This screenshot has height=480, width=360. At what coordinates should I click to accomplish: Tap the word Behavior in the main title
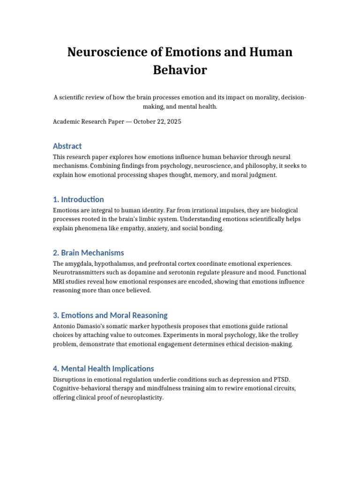tap(180, 70)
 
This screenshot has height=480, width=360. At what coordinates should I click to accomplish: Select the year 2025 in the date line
tap(172, 121)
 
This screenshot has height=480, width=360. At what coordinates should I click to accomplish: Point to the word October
tap(147, 121)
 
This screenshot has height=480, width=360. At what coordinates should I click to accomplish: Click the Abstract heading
tap(67, 146)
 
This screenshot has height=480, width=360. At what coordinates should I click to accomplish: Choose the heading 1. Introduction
tap(79, 199)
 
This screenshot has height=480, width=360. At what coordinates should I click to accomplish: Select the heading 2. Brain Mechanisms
tap(89, 253)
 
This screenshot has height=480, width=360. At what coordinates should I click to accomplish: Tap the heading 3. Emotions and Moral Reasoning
tap(110, 315)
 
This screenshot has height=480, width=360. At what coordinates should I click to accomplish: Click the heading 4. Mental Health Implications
tap(104, 368)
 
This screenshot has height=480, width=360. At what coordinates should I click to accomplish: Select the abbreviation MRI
tap(60, 282)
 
